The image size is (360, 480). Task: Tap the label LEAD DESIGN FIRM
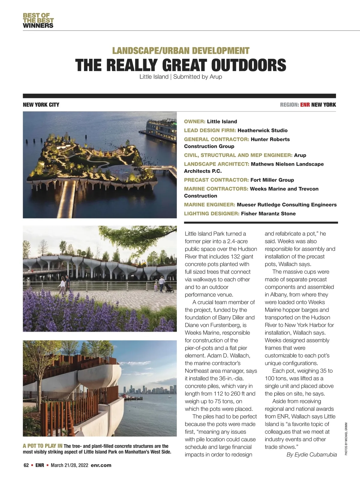(210, 130)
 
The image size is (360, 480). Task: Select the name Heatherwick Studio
(262, 130)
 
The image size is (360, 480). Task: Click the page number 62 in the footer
(26, 465)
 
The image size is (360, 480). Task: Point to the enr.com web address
(101, 465)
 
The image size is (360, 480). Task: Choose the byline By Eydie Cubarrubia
(312, 454)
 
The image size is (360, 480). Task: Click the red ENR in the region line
(305, 105)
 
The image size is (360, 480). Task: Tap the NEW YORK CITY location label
(41, 105)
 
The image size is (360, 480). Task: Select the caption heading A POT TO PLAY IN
(43, 446)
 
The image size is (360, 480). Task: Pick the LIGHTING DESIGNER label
(212, 214)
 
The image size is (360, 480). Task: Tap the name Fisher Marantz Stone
(268, 214)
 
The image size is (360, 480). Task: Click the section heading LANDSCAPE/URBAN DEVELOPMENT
(181, 51)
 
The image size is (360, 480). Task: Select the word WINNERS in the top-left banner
(38, 25)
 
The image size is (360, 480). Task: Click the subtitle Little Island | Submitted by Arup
(181, 77)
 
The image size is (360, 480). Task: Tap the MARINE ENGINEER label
(209, 205)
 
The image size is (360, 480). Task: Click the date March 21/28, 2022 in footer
(70, 465)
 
